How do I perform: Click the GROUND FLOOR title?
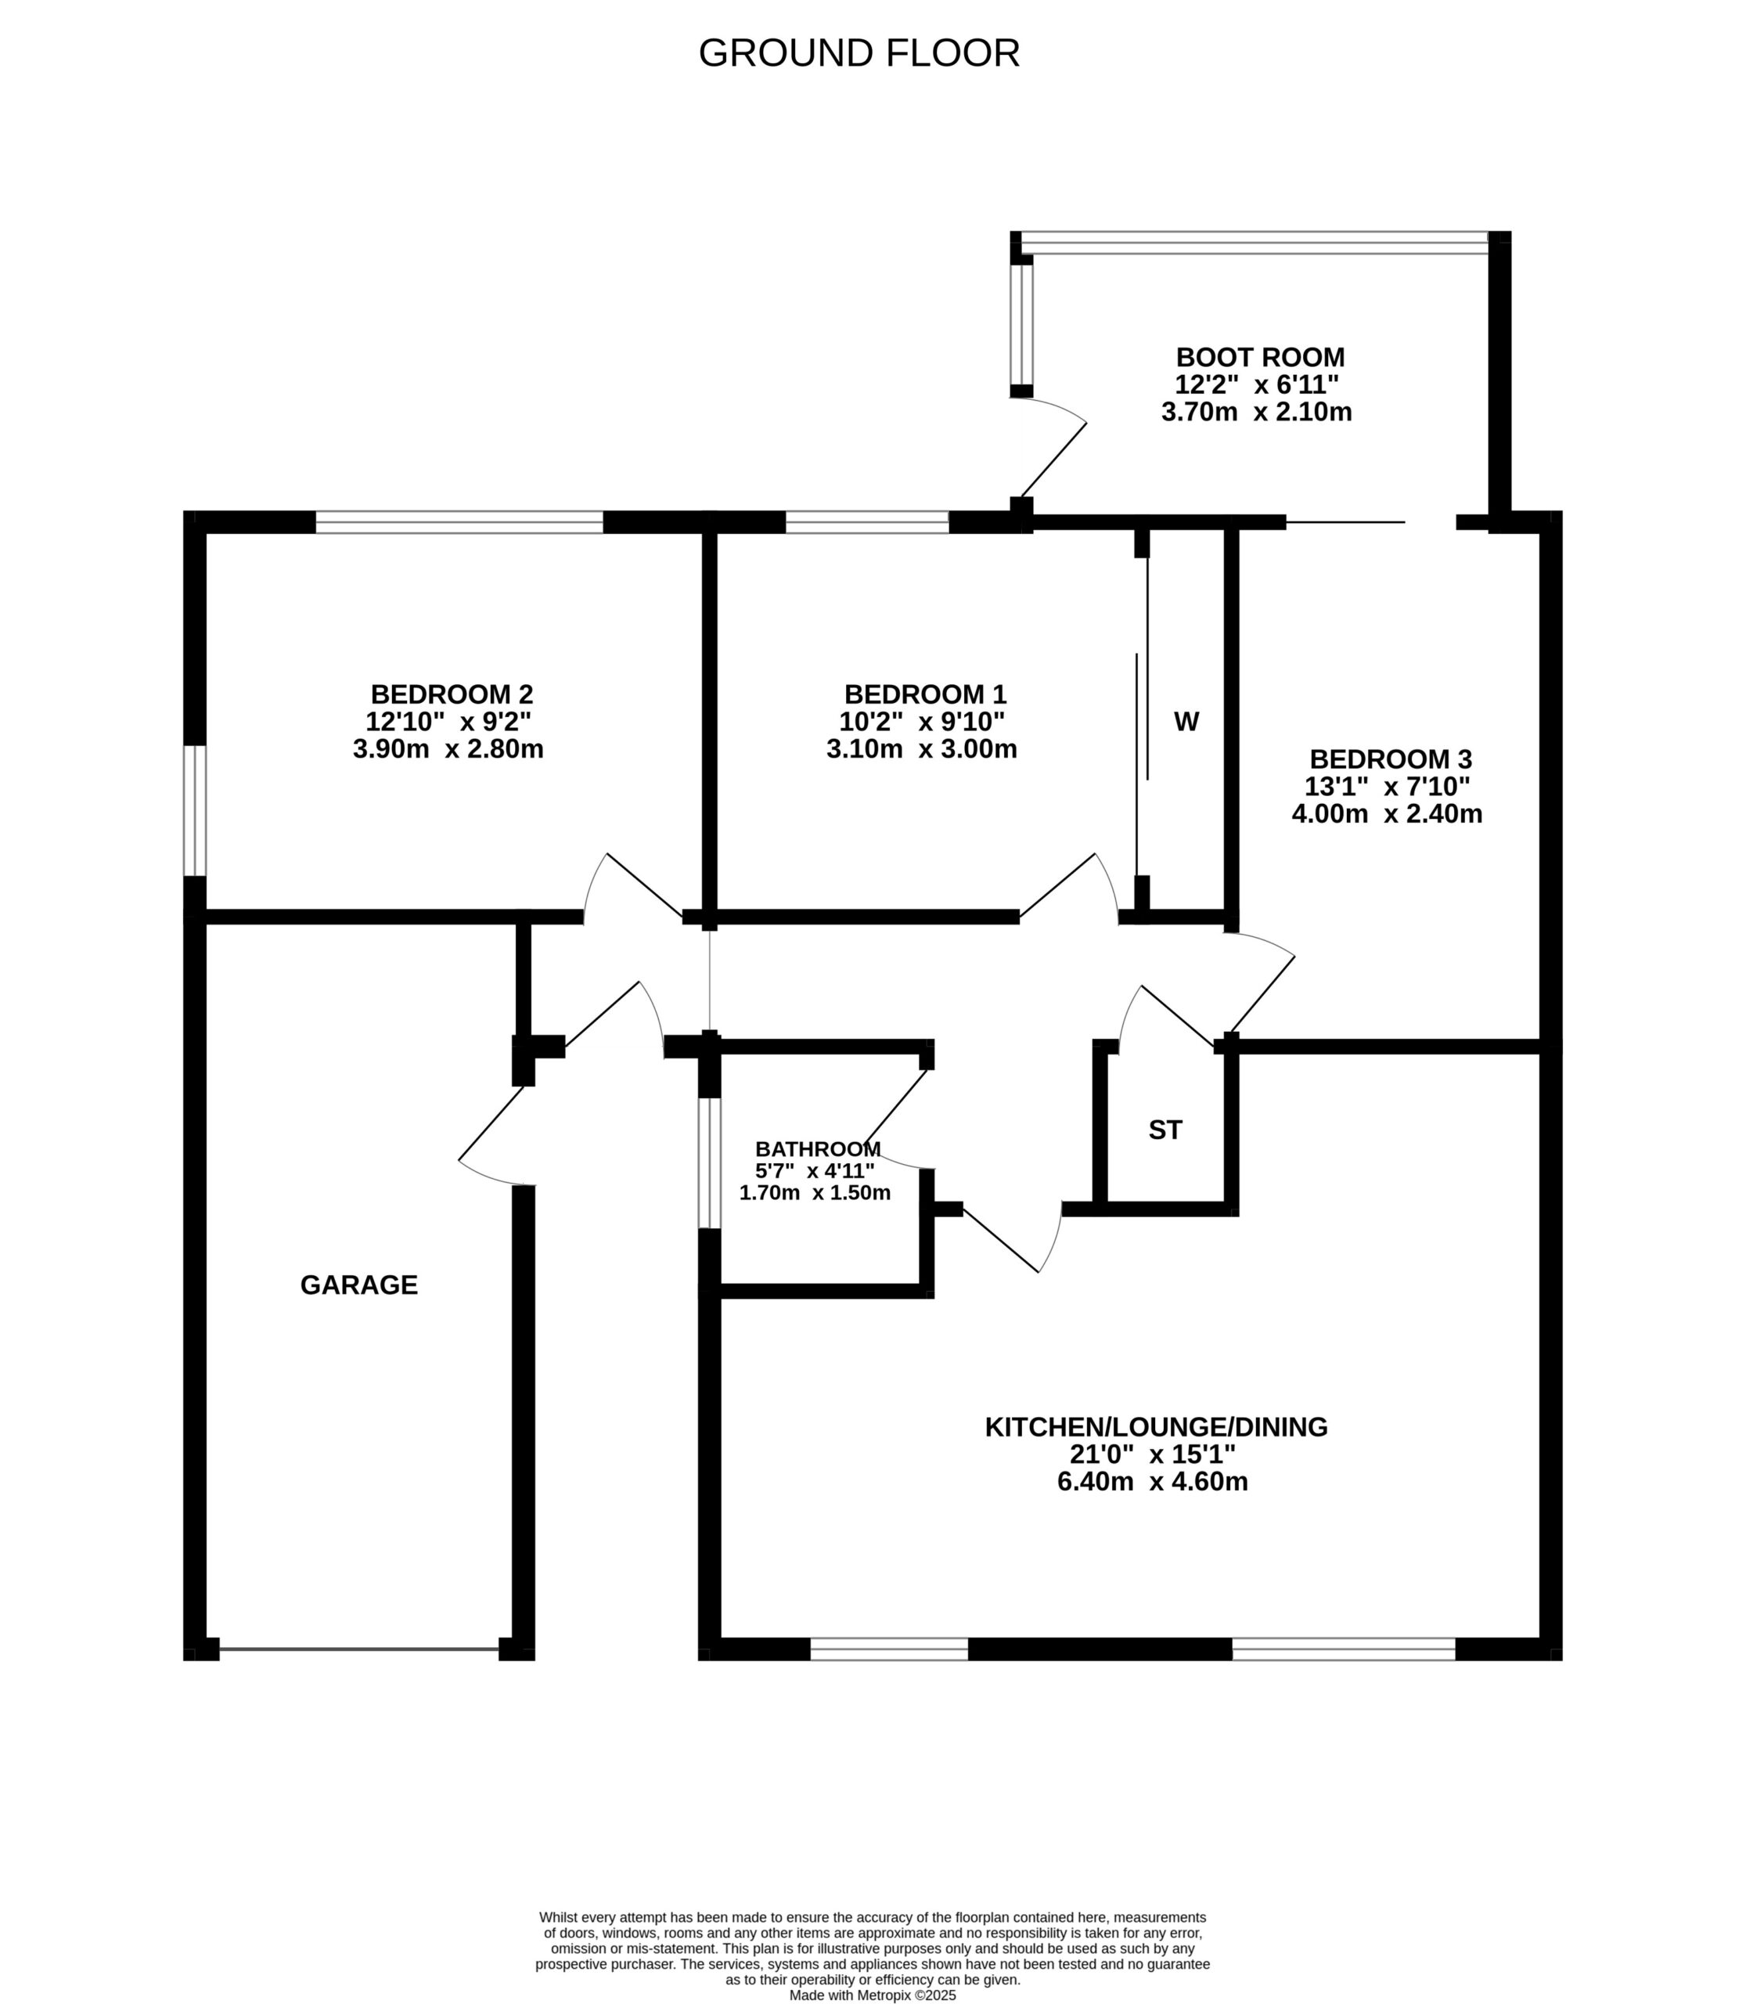[x=859, y=53]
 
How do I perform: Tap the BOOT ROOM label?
[x=1260, y=358]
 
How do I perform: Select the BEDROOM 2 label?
[x=452, y=695]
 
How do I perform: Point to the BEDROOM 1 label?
[x=924, y=695]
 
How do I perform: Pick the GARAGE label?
[x=358, y=1285]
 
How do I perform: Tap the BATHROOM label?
[x=819, y=1149]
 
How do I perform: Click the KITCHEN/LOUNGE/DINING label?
[x=1157, y=1427]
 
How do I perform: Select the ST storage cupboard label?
[x=1165, y=1130]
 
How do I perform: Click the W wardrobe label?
[x=1186, y=723]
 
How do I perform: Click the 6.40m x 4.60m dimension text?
[x=1153, y=1482]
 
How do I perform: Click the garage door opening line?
[x=359, y=1649]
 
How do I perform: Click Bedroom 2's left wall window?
[x=195, y=811]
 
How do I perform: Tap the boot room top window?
[x=1255, y=243]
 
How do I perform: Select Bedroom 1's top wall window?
[x=867, y=522]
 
